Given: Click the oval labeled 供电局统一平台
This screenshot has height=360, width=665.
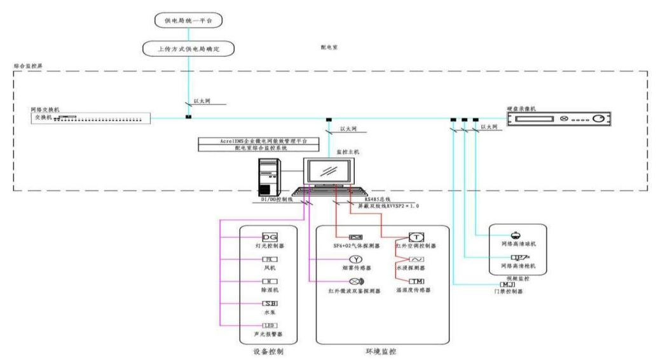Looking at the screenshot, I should click(x=188, y=21).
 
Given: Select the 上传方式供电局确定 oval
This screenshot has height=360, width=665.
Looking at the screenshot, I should click(x=188, y=48).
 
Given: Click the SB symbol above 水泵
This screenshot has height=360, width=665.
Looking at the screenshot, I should click(x=270, y=303).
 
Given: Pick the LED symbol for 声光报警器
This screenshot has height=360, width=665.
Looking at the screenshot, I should click(x=270, y=325).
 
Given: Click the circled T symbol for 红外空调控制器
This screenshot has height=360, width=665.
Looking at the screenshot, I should click(x=417, y=237).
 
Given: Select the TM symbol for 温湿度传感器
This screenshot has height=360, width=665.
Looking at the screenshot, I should click(x=416, y=281).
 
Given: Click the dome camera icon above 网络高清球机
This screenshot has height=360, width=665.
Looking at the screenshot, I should click(x=514, y=234).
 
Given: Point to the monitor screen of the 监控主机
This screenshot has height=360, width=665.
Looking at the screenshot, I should click(x=329, y=171).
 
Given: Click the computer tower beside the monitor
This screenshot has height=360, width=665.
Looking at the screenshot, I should click(x=270, y=175).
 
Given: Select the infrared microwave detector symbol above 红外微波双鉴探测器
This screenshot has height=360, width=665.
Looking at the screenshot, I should click(x=355, y=281).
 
